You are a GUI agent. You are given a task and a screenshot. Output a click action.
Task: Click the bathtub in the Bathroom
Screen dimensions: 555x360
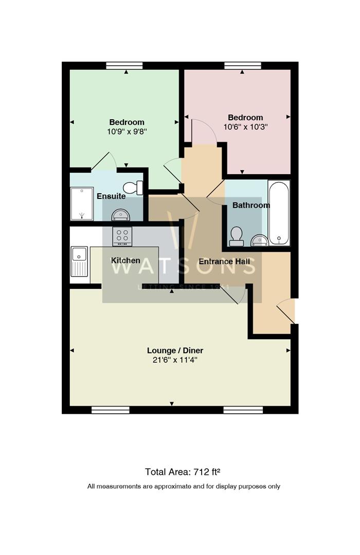point(279,212)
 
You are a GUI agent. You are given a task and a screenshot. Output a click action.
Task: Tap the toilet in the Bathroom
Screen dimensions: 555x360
point(237,235)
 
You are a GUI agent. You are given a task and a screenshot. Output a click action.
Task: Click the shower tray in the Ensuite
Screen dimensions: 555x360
point(81,203)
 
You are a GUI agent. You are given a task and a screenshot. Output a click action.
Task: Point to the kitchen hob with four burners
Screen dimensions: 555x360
point(122,236)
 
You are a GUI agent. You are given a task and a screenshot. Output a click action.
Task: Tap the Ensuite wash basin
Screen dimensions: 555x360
point(121,215)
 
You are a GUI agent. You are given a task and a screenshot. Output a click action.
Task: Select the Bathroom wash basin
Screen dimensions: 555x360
point(260,240)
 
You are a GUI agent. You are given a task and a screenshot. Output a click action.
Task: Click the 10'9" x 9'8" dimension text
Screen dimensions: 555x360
point(127,131)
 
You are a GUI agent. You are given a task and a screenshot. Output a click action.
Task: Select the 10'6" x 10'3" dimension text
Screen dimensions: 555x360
point(245,126)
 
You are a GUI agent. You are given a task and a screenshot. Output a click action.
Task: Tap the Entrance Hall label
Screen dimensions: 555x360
point(224,262)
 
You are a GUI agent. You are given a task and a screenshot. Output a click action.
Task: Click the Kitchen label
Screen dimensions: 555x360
point(126,261)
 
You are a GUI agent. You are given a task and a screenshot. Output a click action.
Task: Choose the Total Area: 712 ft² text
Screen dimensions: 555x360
point(183,471)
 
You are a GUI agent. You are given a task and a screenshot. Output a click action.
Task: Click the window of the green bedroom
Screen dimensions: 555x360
point(124,65)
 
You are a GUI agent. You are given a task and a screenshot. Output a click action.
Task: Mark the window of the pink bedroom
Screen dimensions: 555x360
point(242,65)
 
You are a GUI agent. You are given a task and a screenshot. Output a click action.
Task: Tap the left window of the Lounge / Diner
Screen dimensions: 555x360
point(111,410)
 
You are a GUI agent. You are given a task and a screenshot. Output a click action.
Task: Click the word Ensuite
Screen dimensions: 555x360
point(111,196)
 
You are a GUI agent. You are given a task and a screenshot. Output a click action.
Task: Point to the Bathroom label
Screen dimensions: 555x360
point(251,205)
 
